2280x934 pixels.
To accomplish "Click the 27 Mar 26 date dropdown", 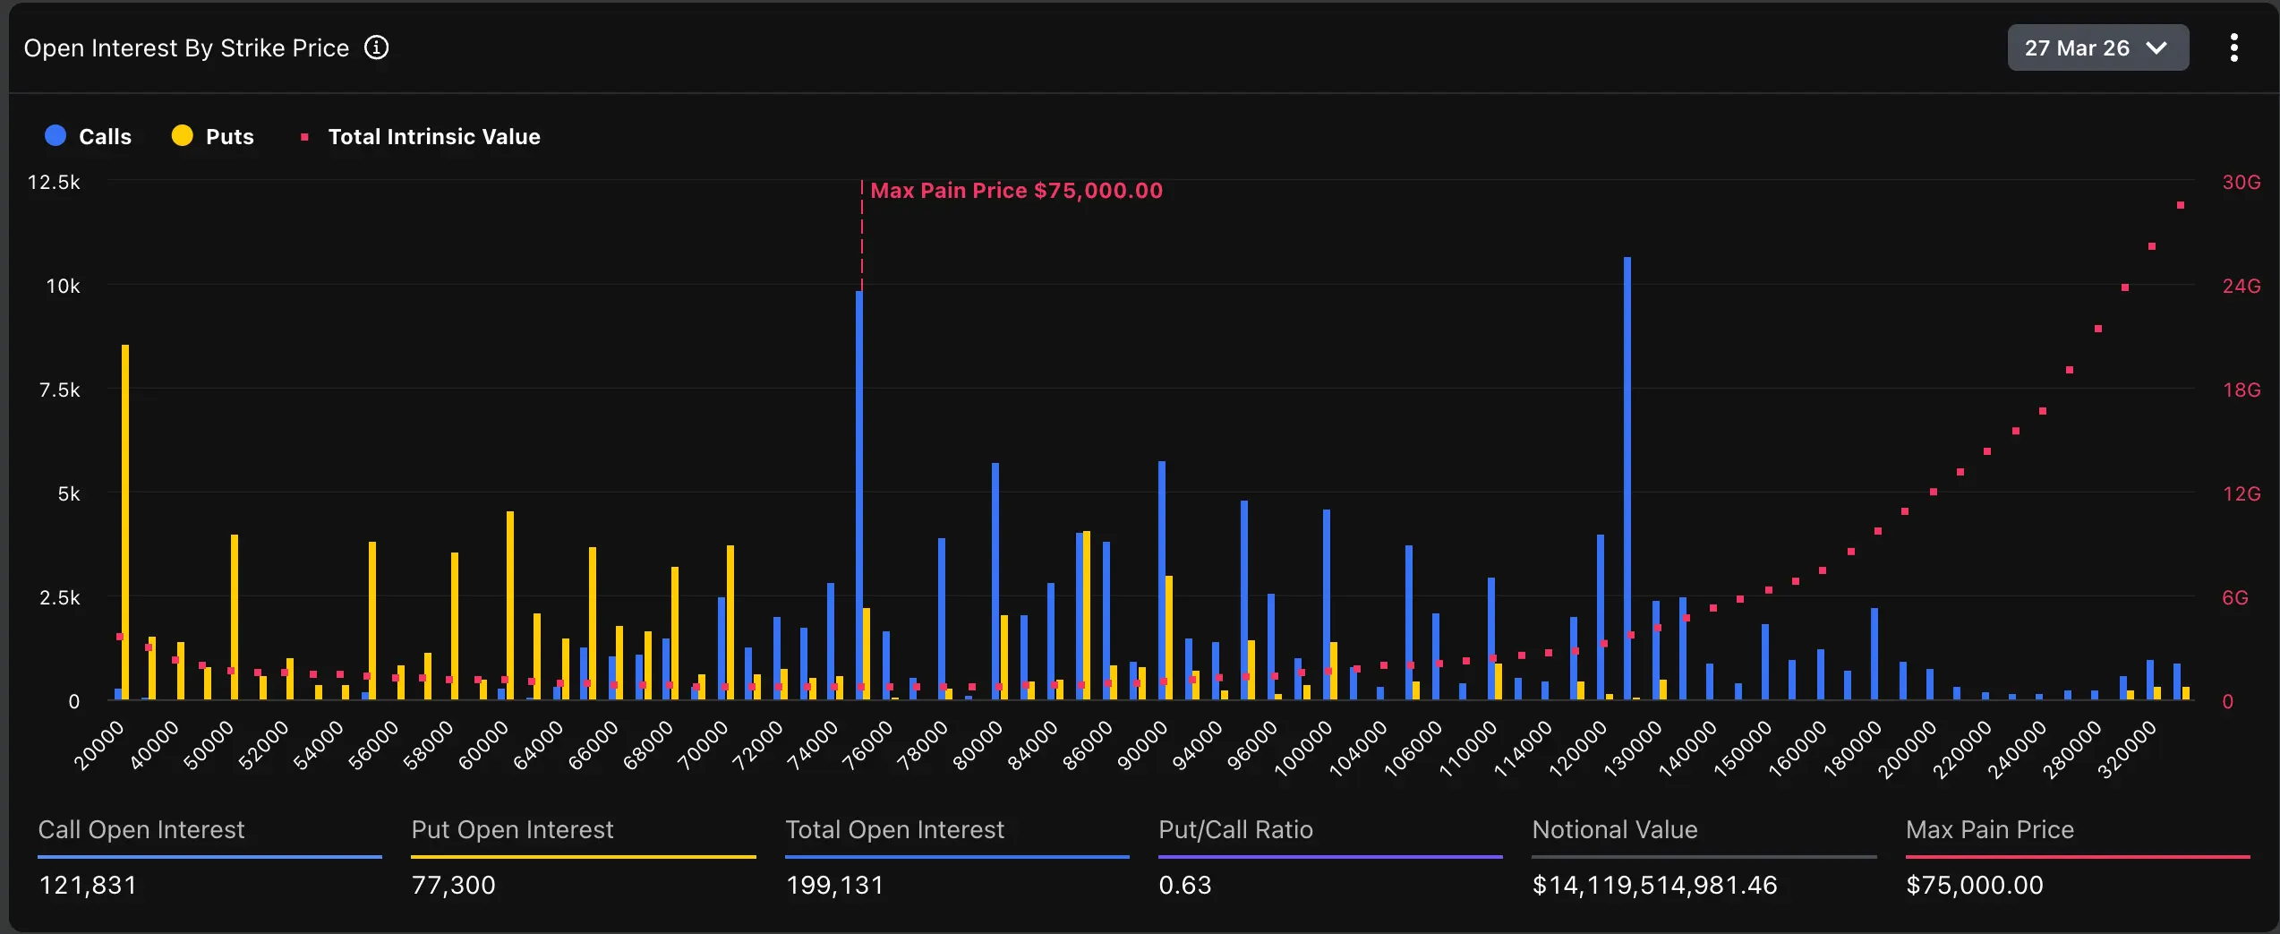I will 2096,48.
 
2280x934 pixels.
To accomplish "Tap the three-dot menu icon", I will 2233,48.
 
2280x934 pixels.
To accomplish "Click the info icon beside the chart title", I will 377,48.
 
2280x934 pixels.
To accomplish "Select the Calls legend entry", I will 89,136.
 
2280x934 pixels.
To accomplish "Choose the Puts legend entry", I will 213,136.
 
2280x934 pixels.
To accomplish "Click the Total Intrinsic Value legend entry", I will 421,136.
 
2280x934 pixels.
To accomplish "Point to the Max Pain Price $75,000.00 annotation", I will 1015,191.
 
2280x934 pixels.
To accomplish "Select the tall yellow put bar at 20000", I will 125,519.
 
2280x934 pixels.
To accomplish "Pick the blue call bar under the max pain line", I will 859,493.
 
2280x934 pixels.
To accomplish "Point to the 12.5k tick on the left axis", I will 54,183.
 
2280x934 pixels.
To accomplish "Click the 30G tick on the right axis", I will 2241,183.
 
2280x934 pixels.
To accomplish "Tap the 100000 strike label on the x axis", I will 1303,749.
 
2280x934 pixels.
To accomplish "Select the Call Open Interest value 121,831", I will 88,885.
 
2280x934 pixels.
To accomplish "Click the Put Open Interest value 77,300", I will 453,885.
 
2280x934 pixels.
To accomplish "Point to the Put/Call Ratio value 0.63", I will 1184,885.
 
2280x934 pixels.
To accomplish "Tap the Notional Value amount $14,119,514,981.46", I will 1654,885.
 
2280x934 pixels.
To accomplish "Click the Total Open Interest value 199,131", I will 834,885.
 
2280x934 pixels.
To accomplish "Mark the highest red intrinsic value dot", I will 2181,206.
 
